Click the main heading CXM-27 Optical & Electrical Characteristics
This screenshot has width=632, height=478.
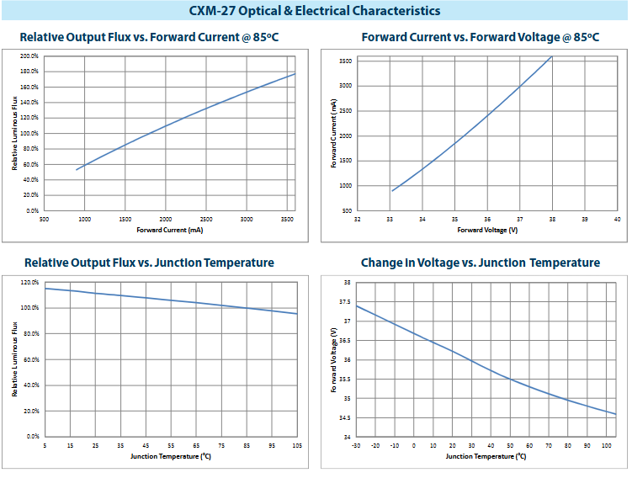(315, 11)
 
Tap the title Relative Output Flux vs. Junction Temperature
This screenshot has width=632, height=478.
(149, 263)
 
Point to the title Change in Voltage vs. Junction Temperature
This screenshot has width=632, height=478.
(481, 263)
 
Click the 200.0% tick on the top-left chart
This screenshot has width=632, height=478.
(29, 56)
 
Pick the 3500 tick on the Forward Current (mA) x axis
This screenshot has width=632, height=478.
(285, 219)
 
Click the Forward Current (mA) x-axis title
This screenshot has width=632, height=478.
(169, 229)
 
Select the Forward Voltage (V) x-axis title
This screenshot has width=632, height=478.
(487, 229)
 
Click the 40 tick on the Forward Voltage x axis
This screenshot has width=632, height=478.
(617, 219)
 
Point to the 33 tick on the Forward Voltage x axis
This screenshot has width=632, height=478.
(389, 219)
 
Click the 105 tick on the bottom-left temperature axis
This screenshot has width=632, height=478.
(297, 444)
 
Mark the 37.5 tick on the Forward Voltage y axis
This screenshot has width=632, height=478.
(344, 302)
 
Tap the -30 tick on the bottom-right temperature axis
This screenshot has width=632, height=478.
(357, 444)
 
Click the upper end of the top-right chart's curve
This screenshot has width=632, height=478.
(552, 56)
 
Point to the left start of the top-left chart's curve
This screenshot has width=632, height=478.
(77, 170)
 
